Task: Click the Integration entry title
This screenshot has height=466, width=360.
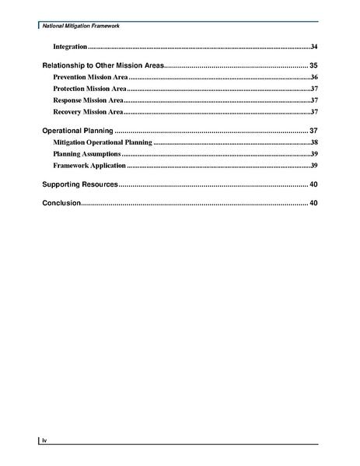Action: tap(69, 47)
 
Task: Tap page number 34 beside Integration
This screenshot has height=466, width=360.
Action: tap(313, 47)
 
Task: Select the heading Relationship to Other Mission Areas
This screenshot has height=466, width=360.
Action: tap(102, 65)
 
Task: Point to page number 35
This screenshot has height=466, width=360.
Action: tap(313, 65)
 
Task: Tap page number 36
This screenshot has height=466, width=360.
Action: tap(313, 79)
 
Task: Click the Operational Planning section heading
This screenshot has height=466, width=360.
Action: tap(77, 130)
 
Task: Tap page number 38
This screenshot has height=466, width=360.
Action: tap(313, 143)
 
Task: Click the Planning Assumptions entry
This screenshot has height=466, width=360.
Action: tap(86, 155)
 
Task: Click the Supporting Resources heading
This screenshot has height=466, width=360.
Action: tap(79, 184)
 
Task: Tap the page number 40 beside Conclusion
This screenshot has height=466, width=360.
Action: tap(313, 203)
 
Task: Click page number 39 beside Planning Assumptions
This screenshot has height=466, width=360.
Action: tap(313, 155)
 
